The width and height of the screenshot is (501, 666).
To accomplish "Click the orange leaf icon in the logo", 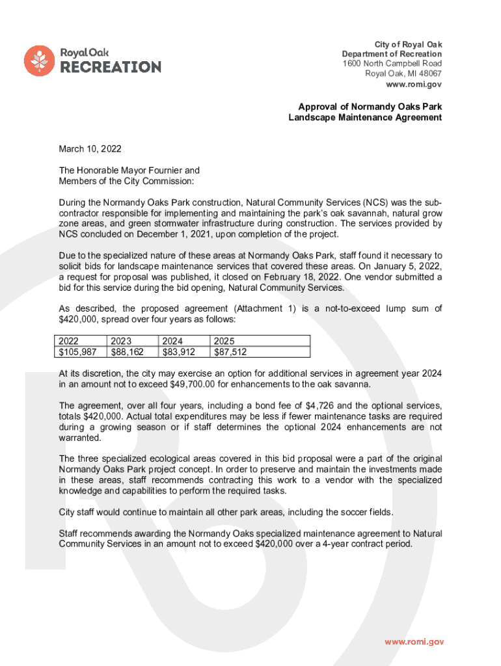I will click(x=40, y=60).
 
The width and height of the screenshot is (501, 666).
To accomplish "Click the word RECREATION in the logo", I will click(x=111, y=67).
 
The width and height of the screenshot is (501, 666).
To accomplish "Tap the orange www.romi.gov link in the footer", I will click(x=414, y=641).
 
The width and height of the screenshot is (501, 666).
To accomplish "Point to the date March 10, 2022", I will click(x=90, y=149).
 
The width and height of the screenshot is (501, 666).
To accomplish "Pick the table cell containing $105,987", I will click(x=79, y=352).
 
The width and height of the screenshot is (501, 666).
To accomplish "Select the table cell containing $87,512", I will click(x=230, y=352).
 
